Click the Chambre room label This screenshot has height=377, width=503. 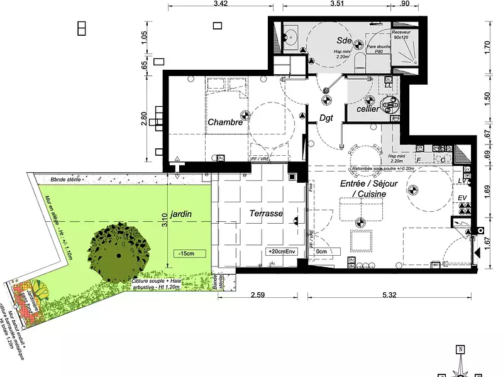click(225, 123)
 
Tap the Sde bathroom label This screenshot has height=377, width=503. click(343, 40)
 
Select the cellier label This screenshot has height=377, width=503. click(368, 109)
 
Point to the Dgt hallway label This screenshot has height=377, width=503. click(326, 117)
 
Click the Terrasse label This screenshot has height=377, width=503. click(266, 214)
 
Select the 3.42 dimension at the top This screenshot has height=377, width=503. click(220, 4)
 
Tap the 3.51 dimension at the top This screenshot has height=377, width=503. click(338, 4)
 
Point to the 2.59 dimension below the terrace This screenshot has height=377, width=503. click(260, 294)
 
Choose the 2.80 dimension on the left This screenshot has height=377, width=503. click(145, 119)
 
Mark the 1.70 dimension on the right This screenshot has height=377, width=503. click(487, 47)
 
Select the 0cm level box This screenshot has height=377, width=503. click(322, 251)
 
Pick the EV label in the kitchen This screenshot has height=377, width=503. click(462, 199)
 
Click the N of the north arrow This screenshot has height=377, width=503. click(460, 350)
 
